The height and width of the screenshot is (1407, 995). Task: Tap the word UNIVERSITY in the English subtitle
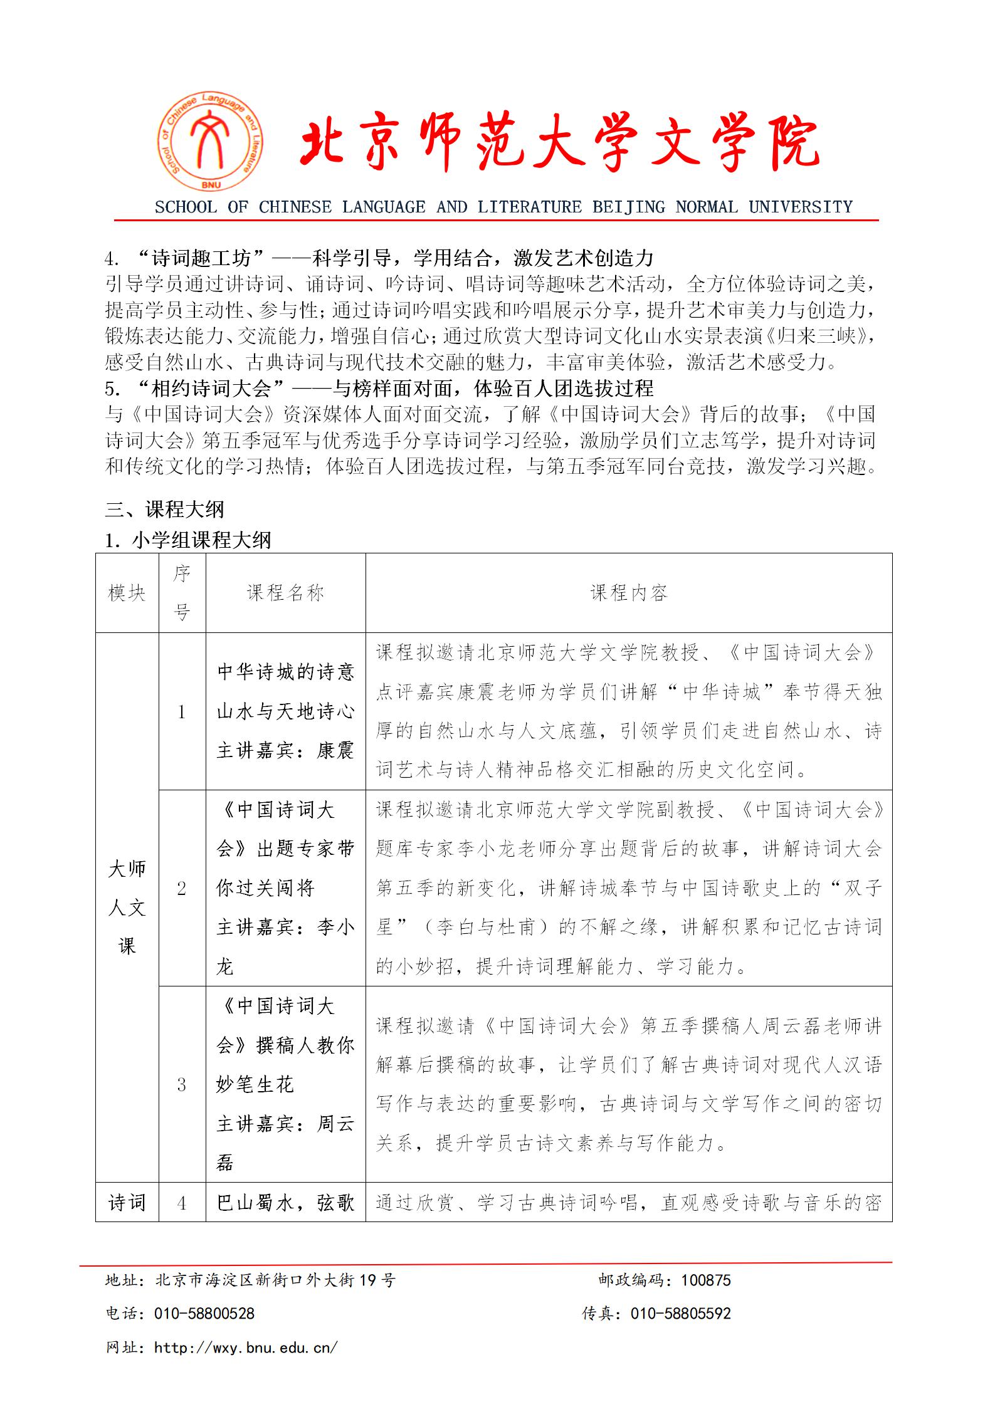(801, 207)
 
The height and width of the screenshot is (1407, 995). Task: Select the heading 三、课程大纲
(164, 509)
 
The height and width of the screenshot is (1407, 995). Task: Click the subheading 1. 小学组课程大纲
(187, 540)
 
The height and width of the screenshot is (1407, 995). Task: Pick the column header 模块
(127, 593)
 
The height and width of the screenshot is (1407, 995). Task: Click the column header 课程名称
(285, 593)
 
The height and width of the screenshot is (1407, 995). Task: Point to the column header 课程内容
(629, 593)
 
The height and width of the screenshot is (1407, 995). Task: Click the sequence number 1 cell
(182, 712)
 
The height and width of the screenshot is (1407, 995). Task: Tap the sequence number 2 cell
(182, 889)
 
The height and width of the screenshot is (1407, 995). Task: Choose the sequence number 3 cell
(182, 1085)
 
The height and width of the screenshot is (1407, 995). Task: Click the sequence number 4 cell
(182, 1203)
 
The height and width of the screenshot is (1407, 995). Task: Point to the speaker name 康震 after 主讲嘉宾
(335, 751)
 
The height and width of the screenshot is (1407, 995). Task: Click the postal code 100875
(706, 1280)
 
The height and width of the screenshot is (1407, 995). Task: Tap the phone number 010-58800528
(204, 1314)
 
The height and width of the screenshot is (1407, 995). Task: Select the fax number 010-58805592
(681, 1314)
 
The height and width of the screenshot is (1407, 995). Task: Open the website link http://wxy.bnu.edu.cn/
(246, 1347)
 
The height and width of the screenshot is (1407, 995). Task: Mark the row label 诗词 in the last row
(127, 1203)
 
